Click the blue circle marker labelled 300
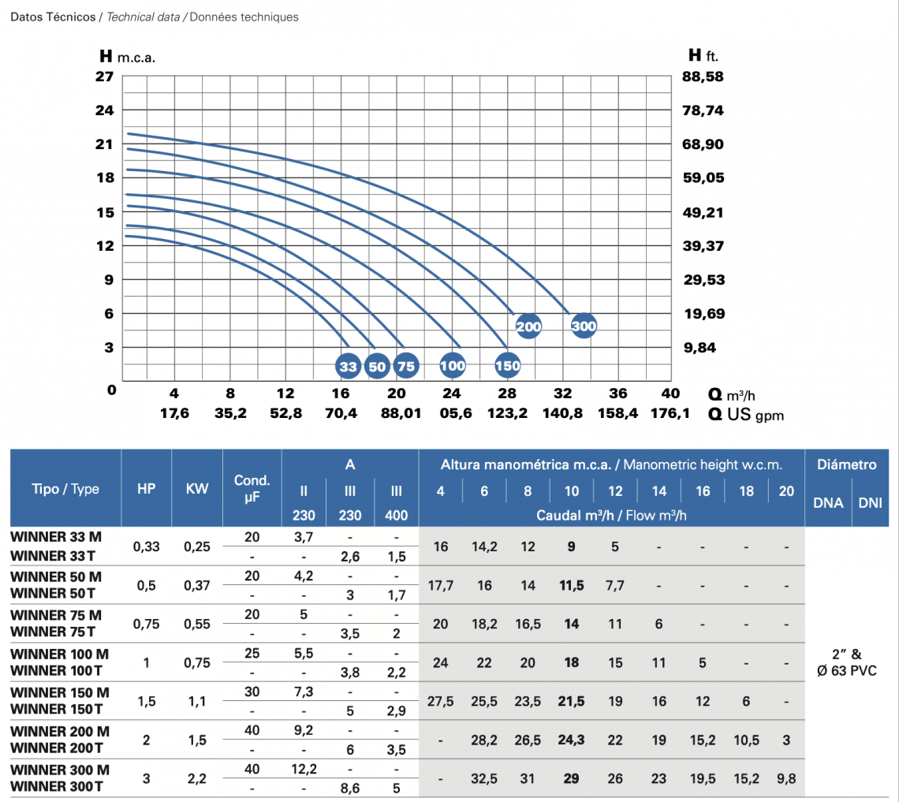[x=584, y=326]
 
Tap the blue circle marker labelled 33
[x=348, y=366]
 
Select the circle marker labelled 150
[x=508, y=366]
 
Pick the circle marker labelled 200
[x=528, y=326]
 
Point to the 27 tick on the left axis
[x=105, y=76]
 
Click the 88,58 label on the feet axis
[x=703, y=76]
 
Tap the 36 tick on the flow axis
[x=618, y=394]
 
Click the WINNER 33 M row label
[x=56, y=537]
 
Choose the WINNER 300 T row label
[x=56, y=786]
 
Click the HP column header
[x=146, y=488]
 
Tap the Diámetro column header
[x=846, y=464]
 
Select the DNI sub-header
[x=870, y=502]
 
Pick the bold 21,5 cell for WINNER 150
[x=572, y=701]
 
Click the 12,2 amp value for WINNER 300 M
[x=304, y=770]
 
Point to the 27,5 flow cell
[x=441, y=701]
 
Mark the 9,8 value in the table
[x=785, y=778]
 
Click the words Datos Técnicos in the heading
[x=53, y=17]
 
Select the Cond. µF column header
[x=252, y=488]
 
